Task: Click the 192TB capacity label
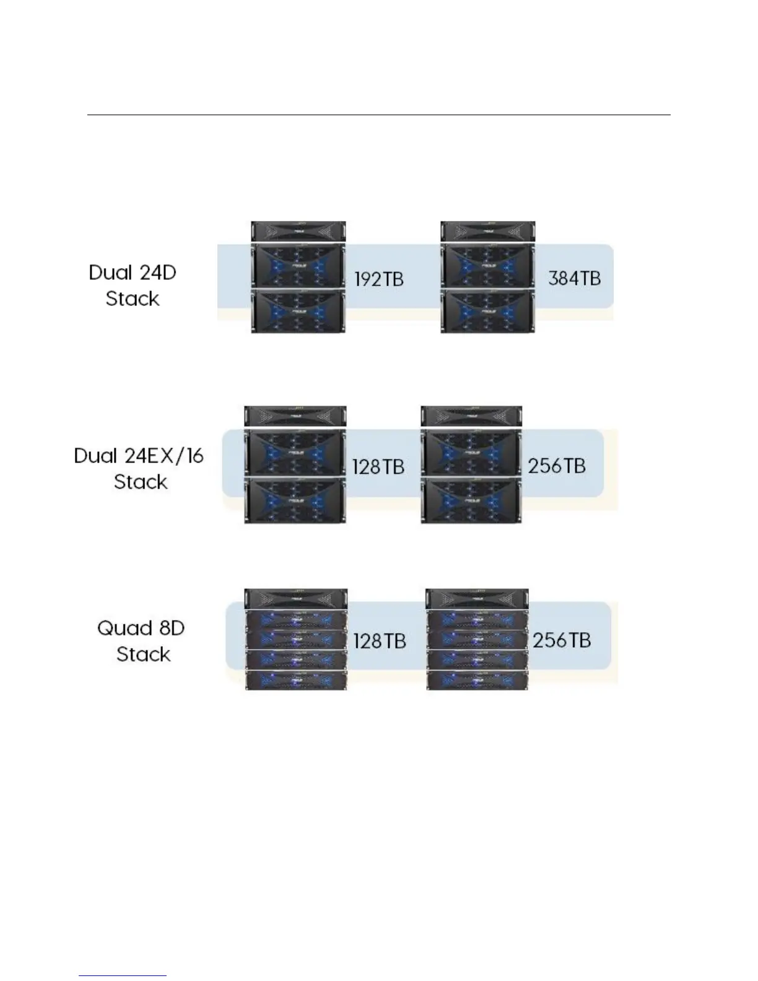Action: click(378, 279)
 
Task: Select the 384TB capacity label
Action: click(574, 278)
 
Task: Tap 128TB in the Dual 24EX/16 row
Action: click(378, 466)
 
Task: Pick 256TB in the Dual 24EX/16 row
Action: click(556, 465)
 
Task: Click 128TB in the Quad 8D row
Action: click(379, 641)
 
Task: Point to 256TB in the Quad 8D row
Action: click(561, 640)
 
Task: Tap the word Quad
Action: click(120, 628)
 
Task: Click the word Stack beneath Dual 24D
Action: click(133, 299)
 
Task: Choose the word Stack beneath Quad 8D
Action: click(143, 654)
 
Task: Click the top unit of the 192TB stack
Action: click(298, 231)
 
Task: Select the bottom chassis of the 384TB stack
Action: click(487, 311)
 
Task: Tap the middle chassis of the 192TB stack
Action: click(298, 264)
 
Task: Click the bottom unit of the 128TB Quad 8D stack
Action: click(295, 679)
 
